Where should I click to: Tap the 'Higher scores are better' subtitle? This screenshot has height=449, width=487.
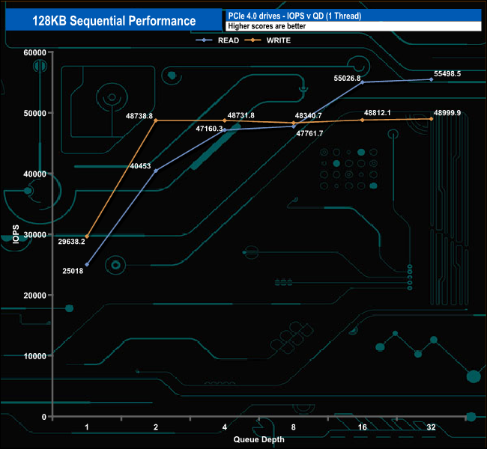267,26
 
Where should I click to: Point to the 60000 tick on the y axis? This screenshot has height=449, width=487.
34,52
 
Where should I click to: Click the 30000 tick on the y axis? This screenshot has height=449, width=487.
34,234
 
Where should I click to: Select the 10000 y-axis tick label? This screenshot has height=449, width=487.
34,355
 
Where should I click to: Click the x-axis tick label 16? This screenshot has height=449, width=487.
363,427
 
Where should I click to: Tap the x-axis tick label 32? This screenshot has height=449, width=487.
432,427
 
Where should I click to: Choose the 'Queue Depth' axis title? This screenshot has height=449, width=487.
258,439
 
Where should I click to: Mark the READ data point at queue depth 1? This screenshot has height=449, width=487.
87,264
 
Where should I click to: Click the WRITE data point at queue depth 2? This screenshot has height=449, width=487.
156,120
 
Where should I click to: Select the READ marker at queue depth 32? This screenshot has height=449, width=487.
432,79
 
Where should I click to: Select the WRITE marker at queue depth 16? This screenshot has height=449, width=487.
363,120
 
